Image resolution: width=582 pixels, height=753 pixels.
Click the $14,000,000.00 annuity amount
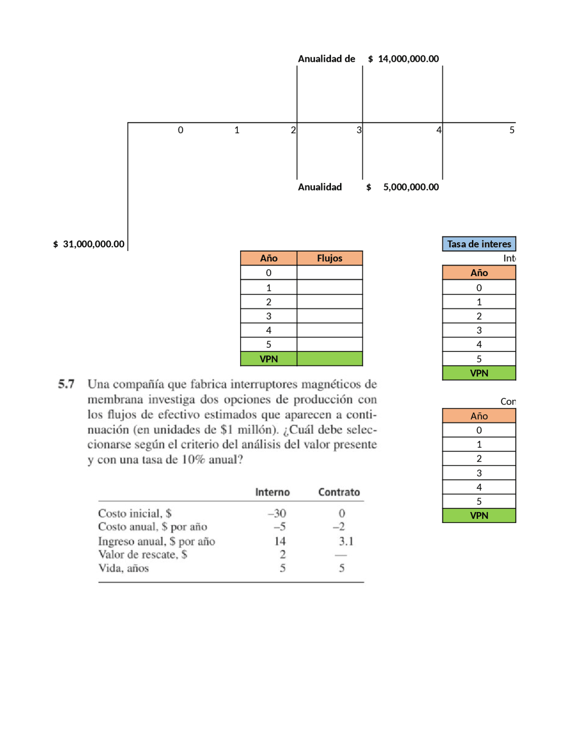tap(403, 59)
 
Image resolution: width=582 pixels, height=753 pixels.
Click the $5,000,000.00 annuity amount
tap(403, 187)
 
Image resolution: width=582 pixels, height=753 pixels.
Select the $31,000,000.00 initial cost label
tap(89, 244)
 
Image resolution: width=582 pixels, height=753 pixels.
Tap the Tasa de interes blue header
tap(479, 244)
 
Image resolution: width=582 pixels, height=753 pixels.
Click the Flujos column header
tap(330, 258)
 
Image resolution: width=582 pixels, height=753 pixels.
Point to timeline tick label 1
tap(237, 130)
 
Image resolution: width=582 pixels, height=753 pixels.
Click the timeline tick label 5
tap(512, 130)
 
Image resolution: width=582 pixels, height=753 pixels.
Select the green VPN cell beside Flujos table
tap(330, 359)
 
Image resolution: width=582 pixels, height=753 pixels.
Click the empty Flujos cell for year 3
tap(330, 316)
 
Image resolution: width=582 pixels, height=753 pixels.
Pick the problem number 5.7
tap(66, 384)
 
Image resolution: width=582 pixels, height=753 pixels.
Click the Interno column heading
tap(272, 492)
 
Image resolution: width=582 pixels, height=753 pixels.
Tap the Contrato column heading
tap(339, 492)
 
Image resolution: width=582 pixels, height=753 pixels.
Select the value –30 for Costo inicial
tap(277, 513)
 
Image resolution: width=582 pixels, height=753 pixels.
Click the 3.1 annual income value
tap(346, 541)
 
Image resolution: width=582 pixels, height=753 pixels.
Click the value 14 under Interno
tap(280, 541)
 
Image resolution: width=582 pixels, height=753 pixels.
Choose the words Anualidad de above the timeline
tap(326, 59)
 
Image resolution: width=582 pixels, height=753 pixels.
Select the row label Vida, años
tap(123, 568)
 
